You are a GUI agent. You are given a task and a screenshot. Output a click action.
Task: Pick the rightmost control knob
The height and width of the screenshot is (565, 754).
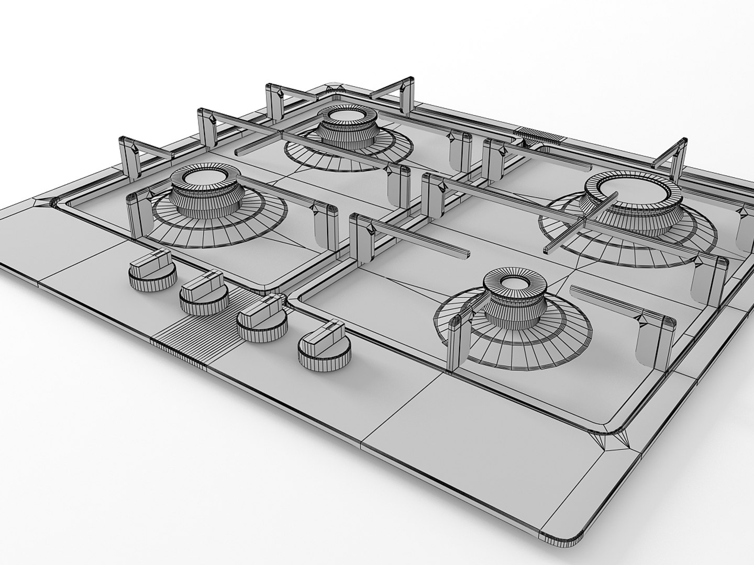coord(323,346)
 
